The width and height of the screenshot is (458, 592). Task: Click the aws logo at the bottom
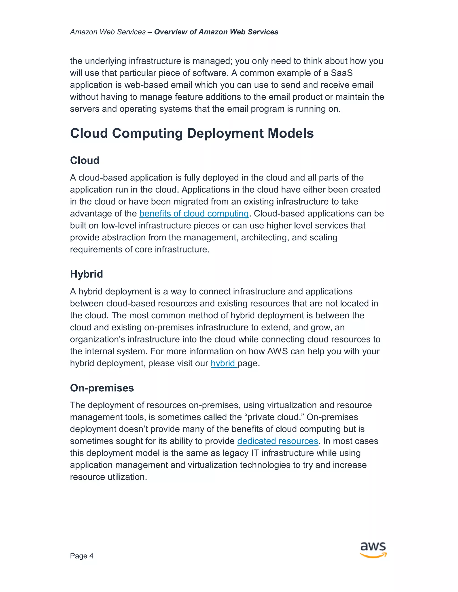coord(373,550)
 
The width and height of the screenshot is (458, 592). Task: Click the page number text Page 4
coord(81,556)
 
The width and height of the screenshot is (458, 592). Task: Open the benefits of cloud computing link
coord(194,214)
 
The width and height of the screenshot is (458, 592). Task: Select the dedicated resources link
coord(278,441)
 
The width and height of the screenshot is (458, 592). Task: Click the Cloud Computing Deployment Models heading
coord(192,133)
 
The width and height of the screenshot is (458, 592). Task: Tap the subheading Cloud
coord(85,160)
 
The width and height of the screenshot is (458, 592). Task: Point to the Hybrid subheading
coord(86,274)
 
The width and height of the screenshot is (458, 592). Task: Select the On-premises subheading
coord(102,388)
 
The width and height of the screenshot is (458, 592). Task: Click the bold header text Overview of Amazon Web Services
coord(216,32)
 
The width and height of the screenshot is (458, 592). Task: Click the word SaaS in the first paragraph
coord(342,73)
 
